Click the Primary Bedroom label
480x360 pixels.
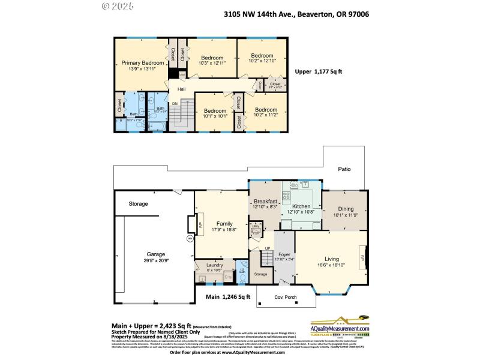(142, 63)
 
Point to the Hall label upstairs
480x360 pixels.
(181, 89)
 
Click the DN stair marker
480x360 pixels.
(175, 104)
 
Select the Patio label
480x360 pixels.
(344, 169)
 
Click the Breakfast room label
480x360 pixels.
(265, 202)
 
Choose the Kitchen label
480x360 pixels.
(301, 206)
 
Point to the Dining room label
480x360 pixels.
(345, 208)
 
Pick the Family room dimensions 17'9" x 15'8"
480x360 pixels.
(220, 229)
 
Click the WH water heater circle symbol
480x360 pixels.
(190, 238)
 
